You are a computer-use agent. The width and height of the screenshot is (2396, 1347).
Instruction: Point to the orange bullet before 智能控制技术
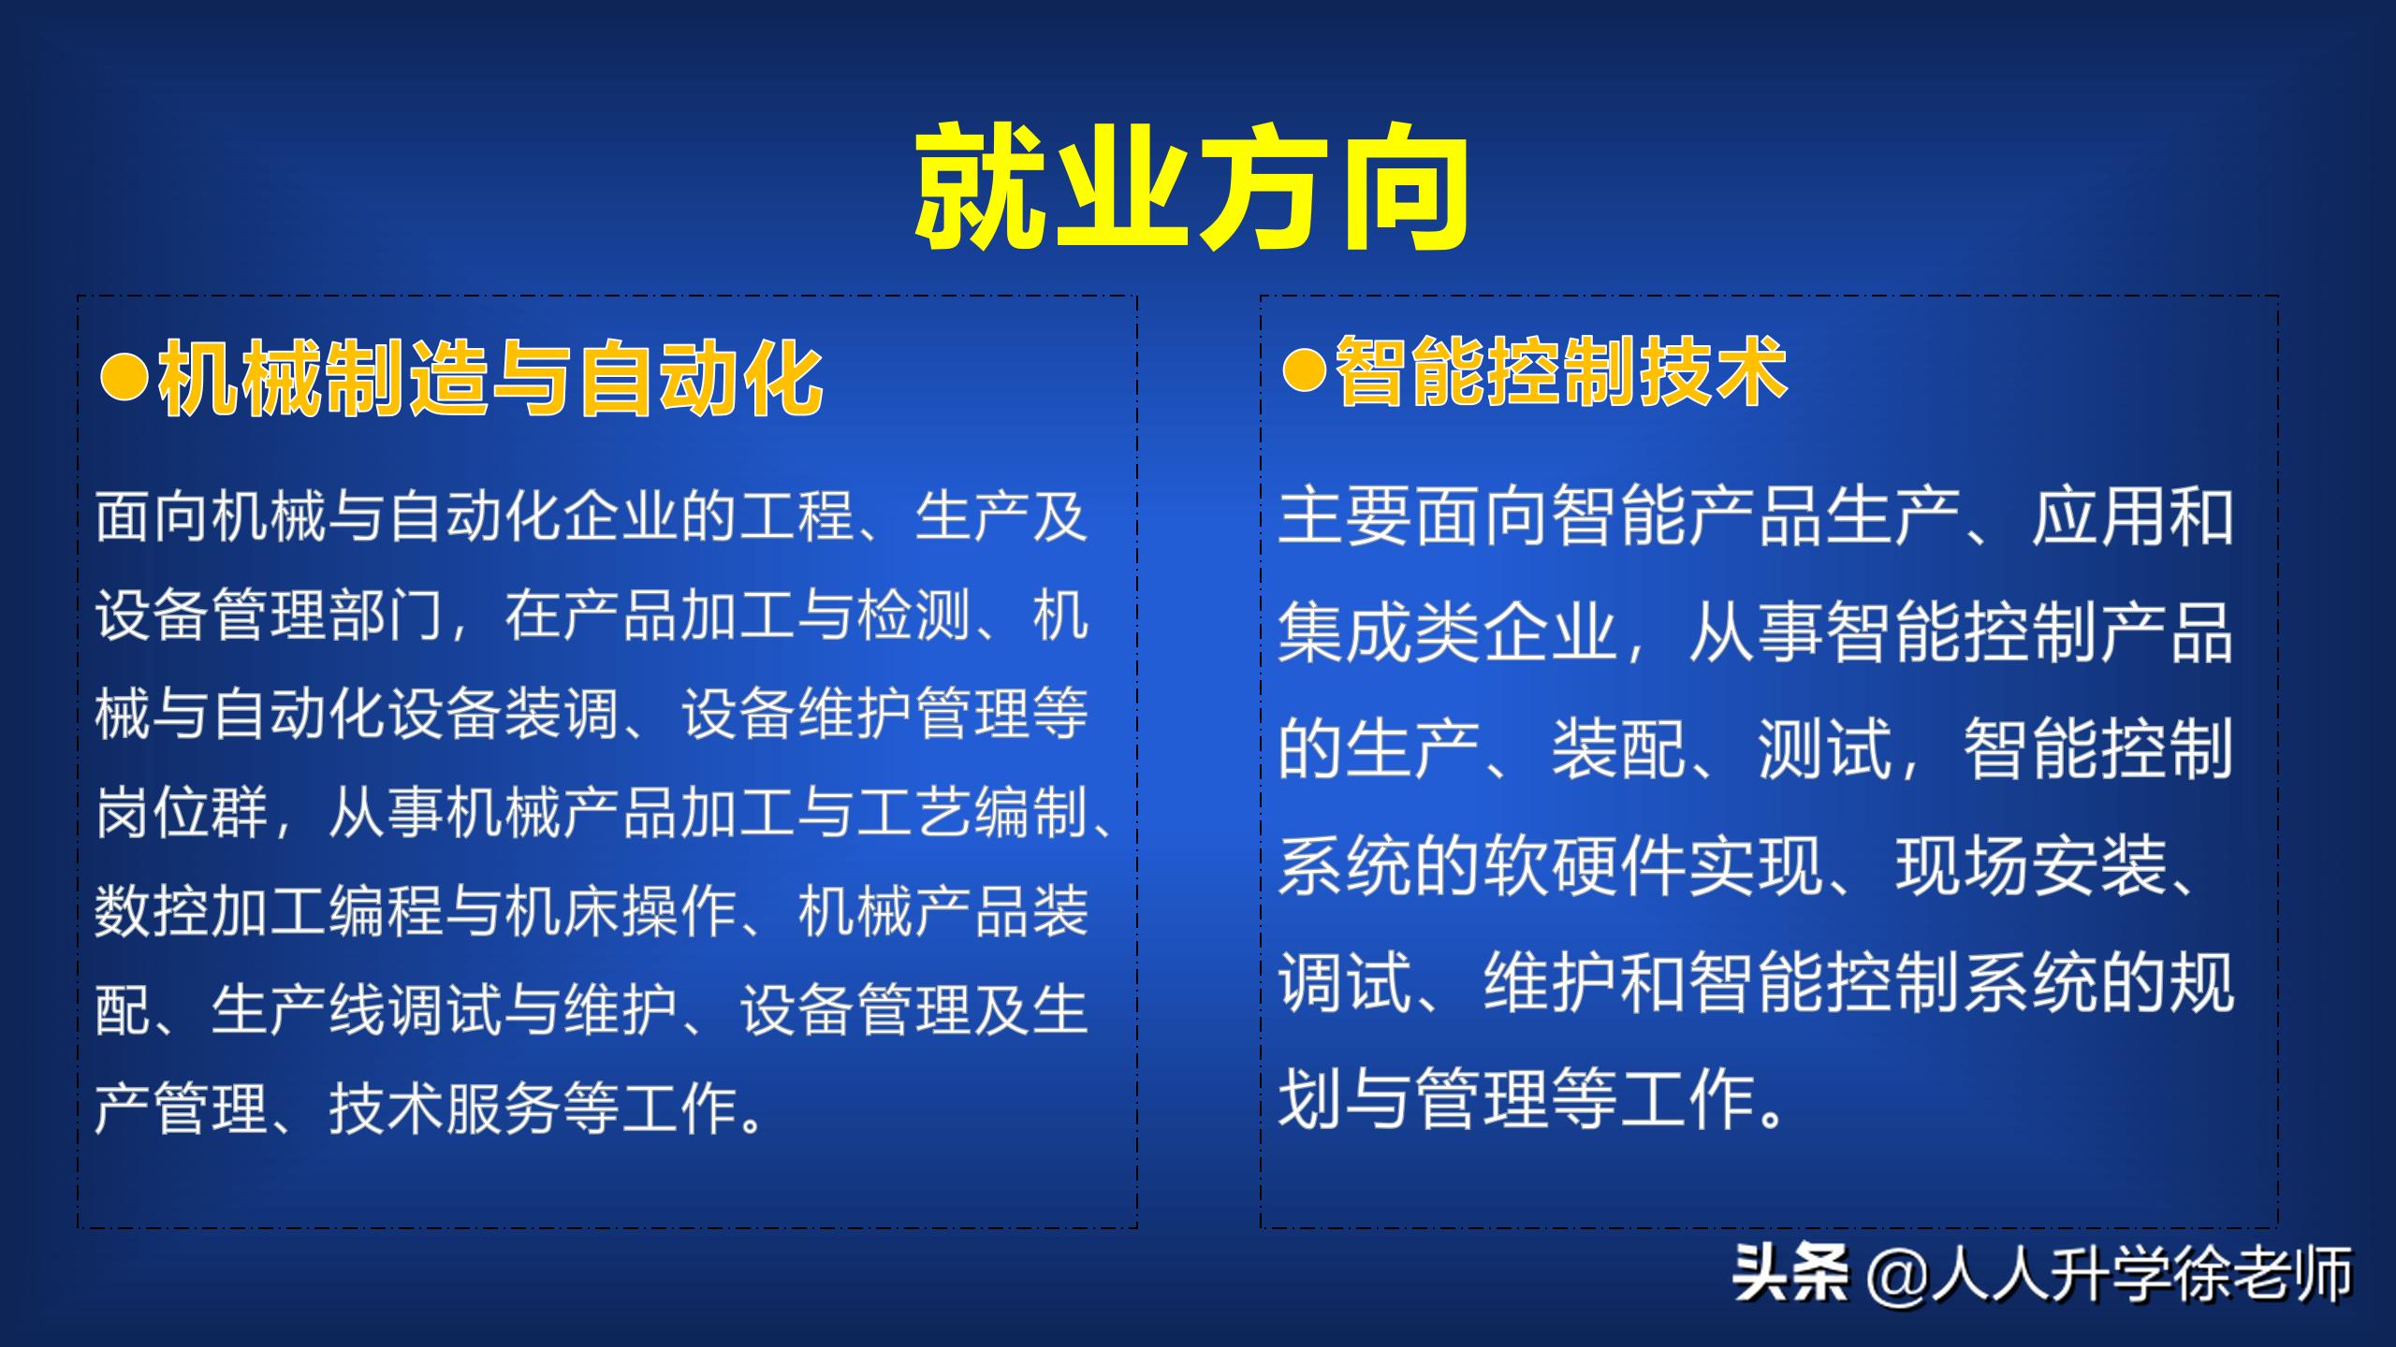pos(1304,371)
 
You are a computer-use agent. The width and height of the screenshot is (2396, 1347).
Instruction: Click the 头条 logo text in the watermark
pos(1790,1273)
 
